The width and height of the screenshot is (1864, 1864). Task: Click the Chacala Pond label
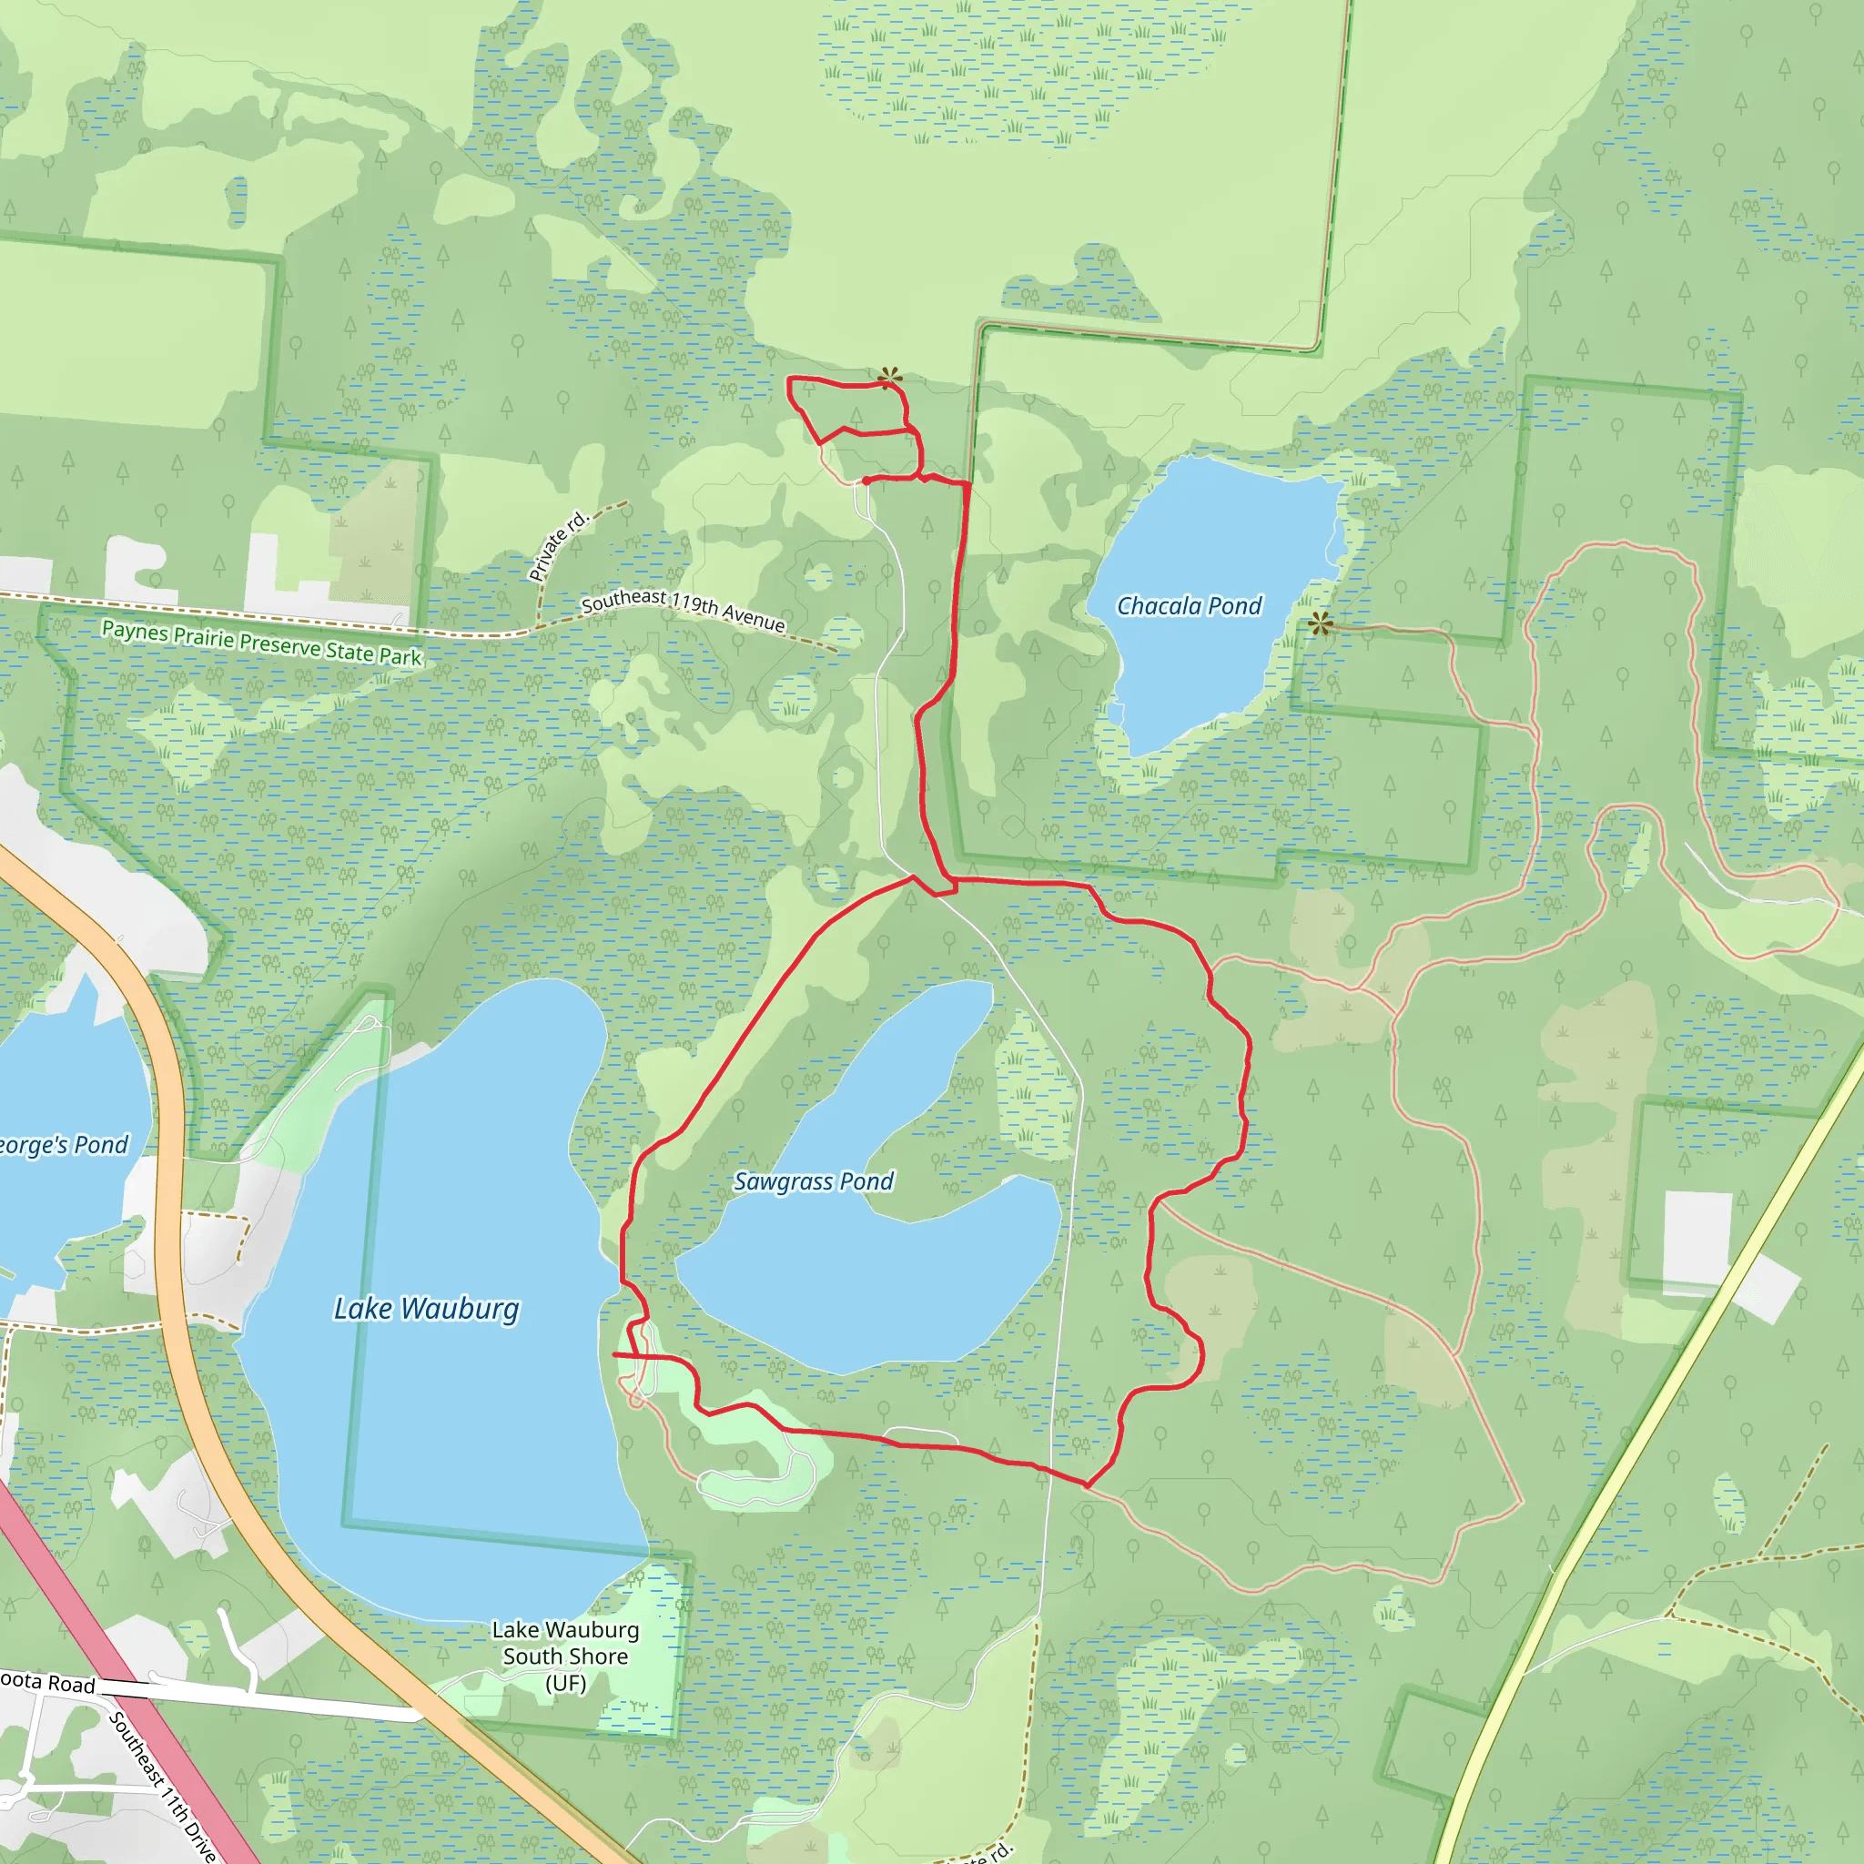click(x=1189, y=606)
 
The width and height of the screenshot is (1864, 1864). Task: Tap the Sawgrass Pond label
click(x=814, y=1180)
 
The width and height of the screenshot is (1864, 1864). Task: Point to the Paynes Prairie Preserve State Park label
click(x=261, y=643)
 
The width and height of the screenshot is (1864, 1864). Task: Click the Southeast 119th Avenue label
click(x=684, y=610)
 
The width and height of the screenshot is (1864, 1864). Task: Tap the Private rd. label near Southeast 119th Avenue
click(x=558, y=546)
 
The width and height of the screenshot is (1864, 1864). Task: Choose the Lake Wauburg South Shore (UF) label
click(x=565, y=1656)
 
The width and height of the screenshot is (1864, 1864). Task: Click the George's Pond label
click(x=62, y=1145)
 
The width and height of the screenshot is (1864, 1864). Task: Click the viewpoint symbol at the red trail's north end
click(x=889, y=377)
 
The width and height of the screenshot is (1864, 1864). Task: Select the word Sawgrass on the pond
click(x=783, y=1180)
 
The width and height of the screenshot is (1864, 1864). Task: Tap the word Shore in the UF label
click(x=599, y=1656)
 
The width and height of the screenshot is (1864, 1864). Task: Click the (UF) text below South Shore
click(x=565, y=1683)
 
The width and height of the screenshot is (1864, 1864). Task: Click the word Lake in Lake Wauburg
click(x=363, y=1308)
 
